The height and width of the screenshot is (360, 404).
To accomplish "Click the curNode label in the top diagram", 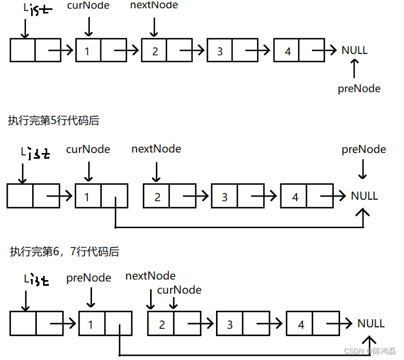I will coord(88,6).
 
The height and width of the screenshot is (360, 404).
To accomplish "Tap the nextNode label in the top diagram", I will coord(155,5).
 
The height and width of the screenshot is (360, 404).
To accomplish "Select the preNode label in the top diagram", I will coord(359,89).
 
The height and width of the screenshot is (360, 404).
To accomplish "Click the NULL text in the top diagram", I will coord(354,50).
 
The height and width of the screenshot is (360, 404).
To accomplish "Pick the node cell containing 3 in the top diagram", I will coord(220,51).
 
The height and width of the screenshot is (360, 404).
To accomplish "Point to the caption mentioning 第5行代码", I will coord(53,121).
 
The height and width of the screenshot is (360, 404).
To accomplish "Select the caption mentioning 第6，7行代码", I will coord(64,252).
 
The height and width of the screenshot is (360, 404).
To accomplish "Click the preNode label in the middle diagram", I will coord(363,149).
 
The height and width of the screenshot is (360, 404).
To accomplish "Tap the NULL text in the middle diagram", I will coord(364,196).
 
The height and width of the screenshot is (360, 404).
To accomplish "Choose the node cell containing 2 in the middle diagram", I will coord(157,197).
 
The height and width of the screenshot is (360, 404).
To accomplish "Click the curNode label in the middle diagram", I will coord(88,149).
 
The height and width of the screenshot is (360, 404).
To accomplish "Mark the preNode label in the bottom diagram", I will coord(89,278).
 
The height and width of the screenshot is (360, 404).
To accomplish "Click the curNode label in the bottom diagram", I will coord(179,290).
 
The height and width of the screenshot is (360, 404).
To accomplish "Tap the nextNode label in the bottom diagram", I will coord(151,276).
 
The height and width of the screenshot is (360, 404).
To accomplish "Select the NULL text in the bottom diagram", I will coord(371,324).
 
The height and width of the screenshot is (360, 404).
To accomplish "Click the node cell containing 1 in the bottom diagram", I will coord(91,324).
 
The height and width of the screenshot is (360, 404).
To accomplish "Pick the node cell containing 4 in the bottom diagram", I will coord(300,325).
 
